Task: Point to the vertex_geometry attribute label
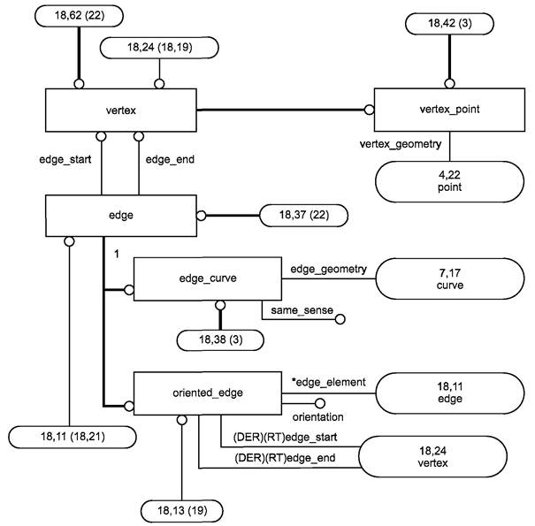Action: (x=401, y=144)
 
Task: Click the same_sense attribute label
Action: (x=302, y=310)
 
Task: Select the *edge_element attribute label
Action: (x=329, y=382)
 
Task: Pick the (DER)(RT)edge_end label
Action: (x=285, y=458)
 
